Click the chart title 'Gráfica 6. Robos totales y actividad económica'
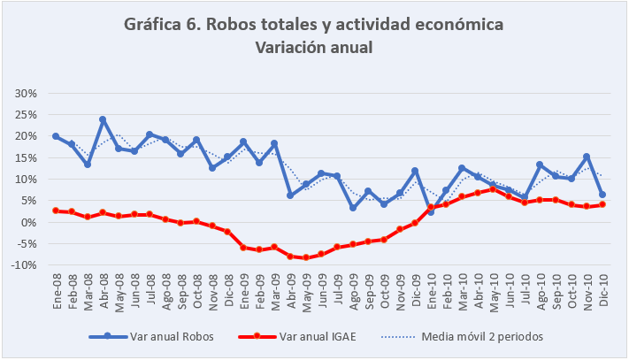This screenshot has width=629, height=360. pyautogui.click(x=314, y=25)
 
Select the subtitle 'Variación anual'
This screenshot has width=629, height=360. pyautogui.click(x=314, y=47)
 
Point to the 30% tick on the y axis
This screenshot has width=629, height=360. pyautogui.click(x=25, y=93)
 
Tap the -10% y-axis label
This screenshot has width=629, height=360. pyautogui.click(x=23, y=265)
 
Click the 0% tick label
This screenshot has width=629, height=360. pyautogui.click(x=27, y=222)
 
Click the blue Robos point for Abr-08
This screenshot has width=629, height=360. pyautogui.click(x=103, y=119)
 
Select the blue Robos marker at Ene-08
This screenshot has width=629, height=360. pyautogui.click(x=56, y=136)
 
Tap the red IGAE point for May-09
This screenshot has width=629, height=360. pyautogui.click(x=305, y=257)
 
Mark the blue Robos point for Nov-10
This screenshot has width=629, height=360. pyautogui.click(x=587, y=157)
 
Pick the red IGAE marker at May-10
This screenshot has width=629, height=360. pyautogui.click(x=493, y=189)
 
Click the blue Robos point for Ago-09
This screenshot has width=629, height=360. pyautogui.click(x=352, y=208)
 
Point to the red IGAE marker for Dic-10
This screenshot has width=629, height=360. pyautogui.click(x=602, y=204)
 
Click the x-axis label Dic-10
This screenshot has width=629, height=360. pyautogui.click(x=602, y=289)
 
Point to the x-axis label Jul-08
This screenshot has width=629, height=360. pyautogui.click(x=150, y=289)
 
